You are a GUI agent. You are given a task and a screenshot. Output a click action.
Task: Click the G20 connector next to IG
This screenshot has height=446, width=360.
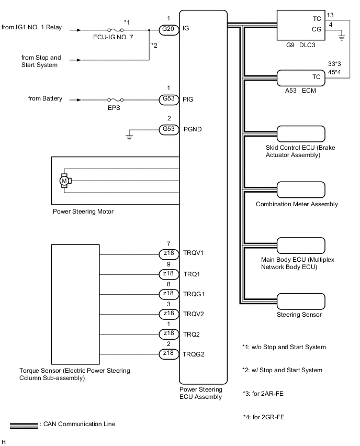(168, 29)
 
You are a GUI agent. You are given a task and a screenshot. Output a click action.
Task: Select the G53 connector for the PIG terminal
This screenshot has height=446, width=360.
(168, 99)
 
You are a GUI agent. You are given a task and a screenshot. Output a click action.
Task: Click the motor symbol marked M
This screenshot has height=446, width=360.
(65, 181)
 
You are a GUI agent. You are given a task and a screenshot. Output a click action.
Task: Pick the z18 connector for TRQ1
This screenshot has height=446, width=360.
(168, 274)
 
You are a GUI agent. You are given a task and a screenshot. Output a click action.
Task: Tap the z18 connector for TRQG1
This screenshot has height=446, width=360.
(168, 294)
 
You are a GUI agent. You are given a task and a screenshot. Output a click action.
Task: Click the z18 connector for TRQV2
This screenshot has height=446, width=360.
(168, 314)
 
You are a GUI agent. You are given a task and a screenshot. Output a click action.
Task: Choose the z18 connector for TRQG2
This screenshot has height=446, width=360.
(168, 354)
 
